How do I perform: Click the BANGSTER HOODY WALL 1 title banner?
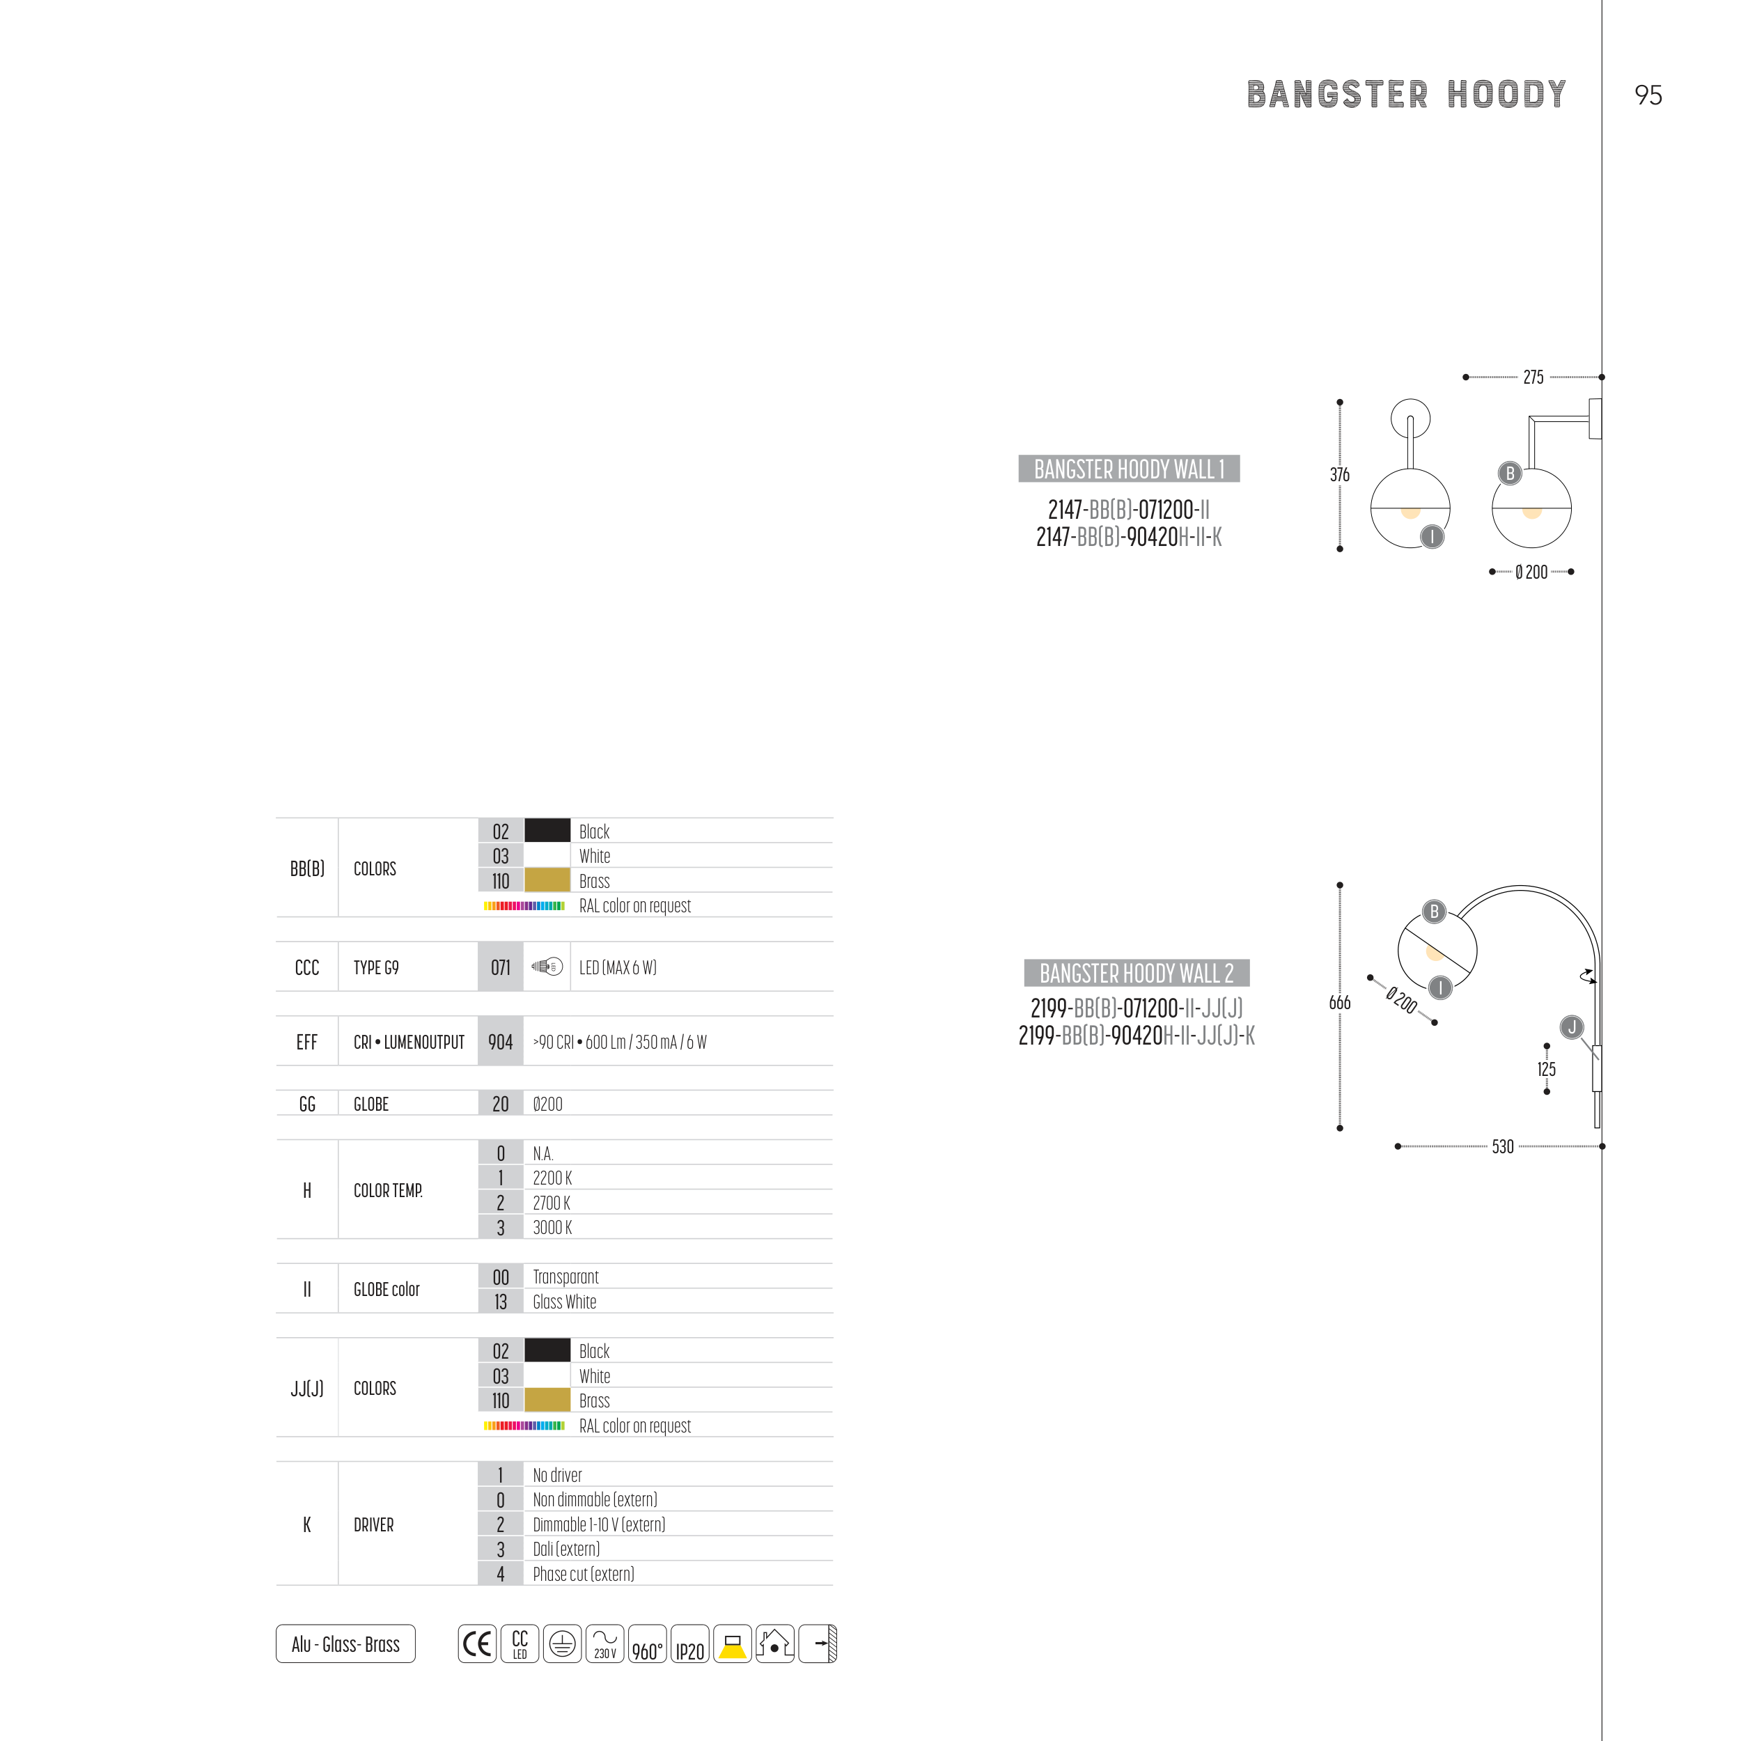click(x=1128, y=469)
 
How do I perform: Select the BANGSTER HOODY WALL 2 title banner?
click(x=1137, y=974)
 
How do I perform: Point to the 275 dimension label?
click(x=1533, y=377)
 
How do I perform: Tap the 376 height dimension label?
click(x=1339, y=474)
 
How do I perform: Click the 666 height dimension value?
click(x=1339, y=1002)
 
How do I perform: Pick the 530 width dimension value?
click(x=1502, y=1146)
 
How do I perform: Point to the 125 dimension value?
click(x=1546, y=1069)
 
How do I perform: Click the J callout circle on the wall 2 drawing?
click(x=1572, y=1027)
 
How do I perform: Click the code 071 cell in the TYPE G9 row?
click(x=500, y=967)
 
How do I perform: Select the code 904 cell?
click(x=500, y=1042)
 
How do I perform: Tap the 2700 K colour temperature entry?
click(x=552, y=1202)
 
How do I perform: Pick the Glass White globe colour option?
click(x=564, y=1302)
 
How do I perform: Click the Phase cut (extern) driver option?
click(x=583, y=1573)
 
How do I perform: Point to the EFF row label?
click(x=306, y=1042)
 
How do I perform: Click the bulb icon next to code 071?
click(x=547, y=967)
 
